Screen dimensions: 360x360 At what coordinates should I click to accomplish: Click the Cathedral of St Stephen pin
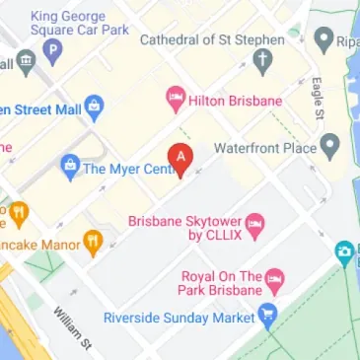[261, 61]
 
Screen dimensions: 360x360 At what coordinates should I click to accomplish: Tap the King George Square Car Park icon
[52, 48]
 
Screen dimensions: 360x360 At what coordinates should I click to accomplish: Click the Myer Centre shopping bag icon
[69, 167]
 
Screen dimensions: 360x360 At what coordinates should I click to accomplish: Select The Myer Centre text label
[122, 168]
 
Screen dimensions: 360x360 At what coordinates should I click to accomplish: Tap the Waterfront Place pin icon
[330, 149]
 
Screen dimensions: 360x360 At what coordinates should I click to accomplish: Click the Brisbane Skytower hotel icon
[254, 228]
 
